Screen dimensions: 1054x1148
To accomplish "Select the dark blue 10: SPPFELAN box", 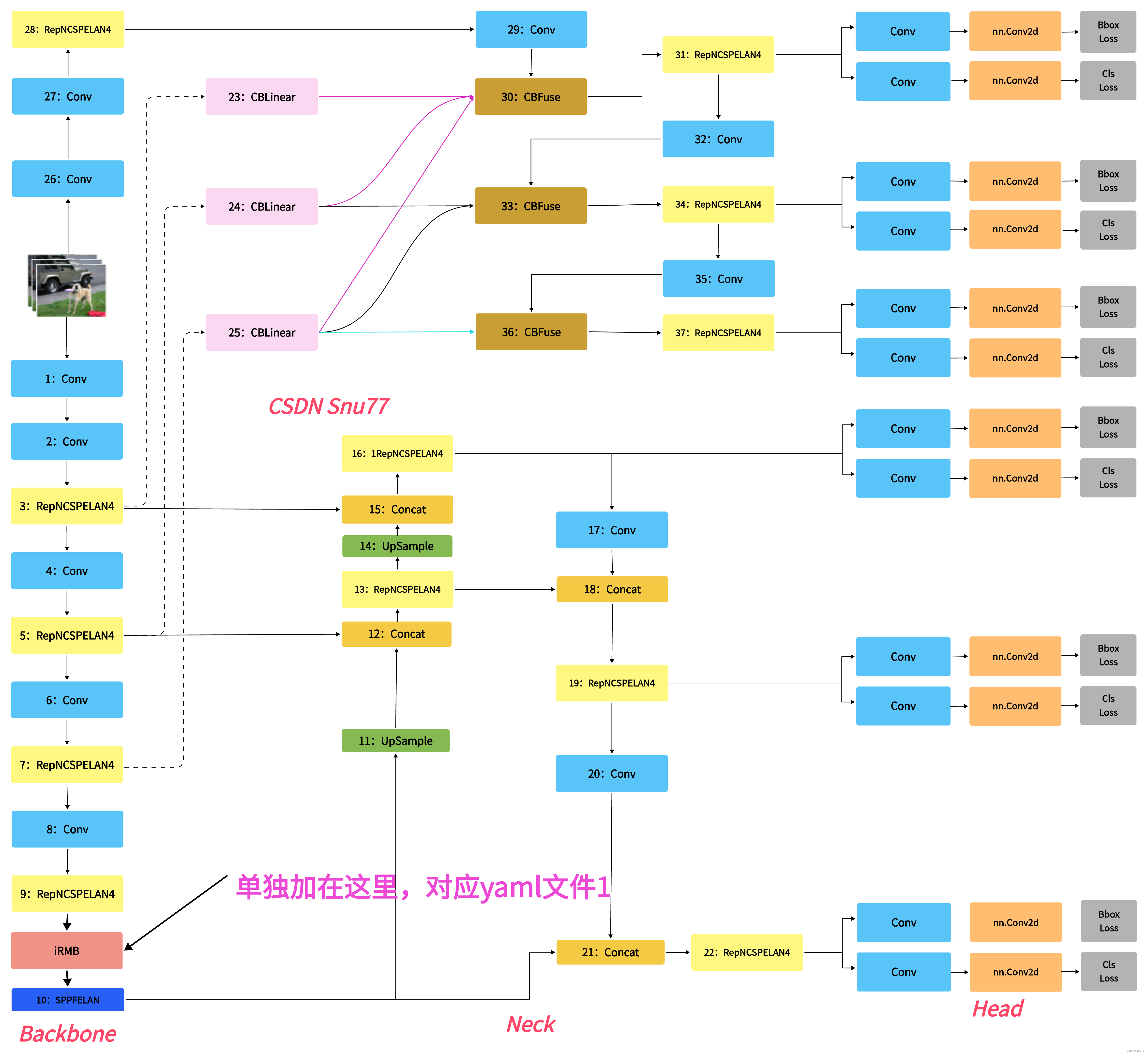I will point(67,1000).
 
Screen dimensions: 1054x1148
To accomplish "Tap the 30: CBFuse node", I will point(530,97).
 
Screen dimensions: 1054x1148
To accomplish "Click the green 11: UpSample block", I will point(395,741).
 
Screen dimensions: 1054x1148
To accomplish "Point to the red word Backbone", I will point(68,1034).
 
